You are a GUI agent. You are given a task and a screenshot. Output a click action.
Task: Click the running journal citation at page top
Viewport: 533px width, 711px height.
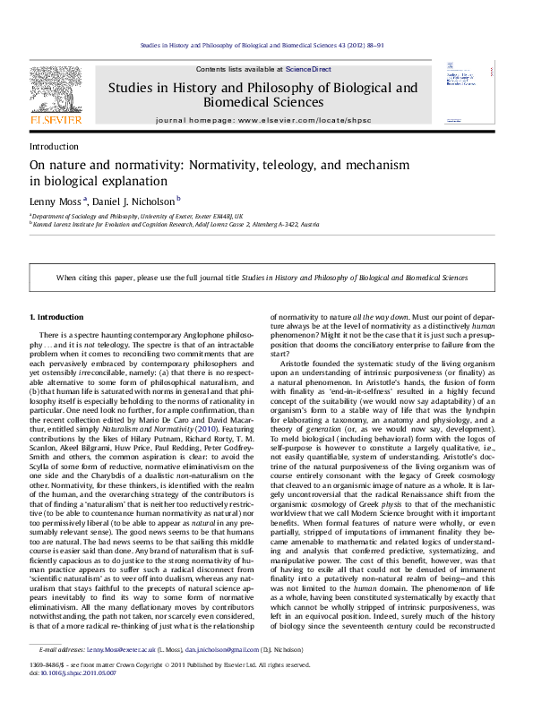click(265, 44)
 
